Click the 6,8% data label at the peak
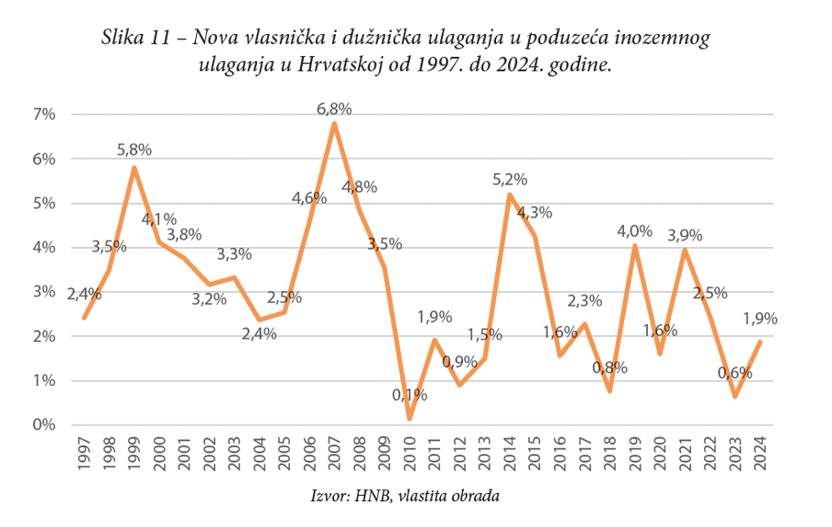click(334, 109)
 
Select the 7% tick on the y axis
click(44, 114)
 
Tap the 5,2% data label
click(509, 180)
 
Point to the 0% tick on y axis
click(44, 426)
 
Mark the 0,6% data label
click(734, 373)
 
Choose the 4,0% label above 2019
click(634, 231)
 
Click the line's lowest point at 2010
click(410, 419)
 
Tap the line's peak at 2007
click(334, 123)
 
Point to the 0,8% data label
click(608, 368)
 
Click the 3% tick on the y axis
click(44, 292)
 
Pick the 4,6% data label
click(308, 197)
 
